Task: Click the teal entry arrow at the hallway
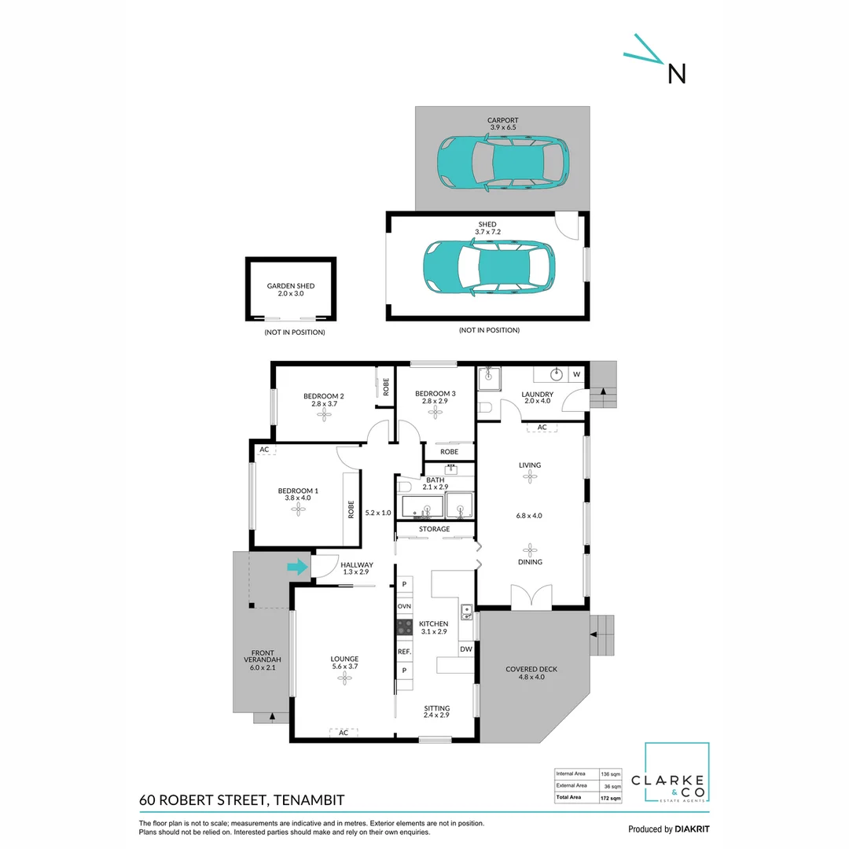297,568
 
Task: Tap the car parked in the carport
503,163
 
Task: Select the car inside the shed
489,267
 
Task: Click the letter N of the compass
677,74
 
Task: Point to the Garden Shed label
291,286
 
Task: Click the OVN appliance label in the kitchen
405,606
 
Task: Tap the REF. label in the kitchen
405,652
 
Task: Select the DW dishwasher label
466,649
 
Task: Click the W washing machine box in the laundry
577,374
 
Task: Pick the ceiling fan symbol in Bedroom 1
298,509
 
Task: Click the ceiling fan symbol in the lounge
345,678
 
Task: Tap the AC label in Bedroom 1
264,450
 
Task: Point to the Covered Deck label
531,669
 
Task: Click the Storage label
434,529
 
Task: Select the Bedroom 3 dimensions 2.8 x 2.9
435,401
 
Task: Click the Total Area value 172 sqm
611,798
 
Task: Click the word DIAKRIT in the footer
692,829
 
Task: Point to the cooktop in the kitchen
405,627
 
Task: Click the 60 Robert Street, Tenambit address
242,800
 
